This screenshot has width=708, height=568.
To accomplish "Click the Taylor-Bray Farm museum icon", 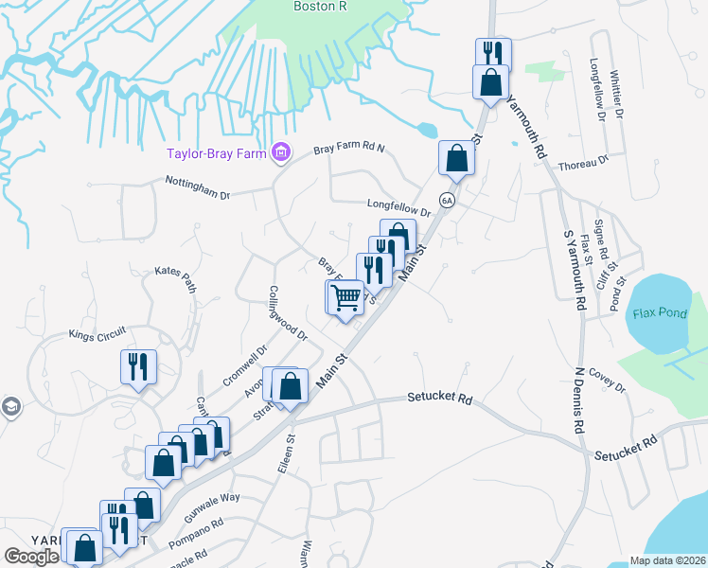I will click(x=280, y=151).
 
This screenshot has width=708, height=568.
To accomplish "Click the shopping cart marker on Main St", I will click(x=345, y=298).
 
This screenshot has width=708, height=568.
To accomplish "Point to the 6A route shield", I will click(x=447, y=201).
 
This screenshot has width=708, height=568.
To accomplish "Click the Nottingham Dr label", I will click(x=198, y=187).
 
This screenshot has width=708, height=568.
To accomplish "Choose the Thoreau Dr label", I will click(x=584, y=165).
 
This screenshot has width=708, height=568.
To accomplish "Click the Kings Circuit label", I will click(x=97, y=334).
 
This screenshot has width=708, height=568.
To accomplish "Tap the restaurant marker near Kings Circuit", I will click(x=137, y=366).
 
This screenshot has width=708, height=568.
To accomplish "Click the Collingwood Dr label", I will click(x=288, y=313).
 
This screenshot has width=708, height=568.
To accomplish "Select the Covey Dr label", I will click(x=607, y=381).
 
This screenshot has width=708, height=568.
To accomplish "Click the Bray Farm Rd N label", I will click(x=349, y=150).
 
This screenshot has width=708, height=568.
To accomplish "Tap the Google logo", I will click(x=32, y=557).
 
